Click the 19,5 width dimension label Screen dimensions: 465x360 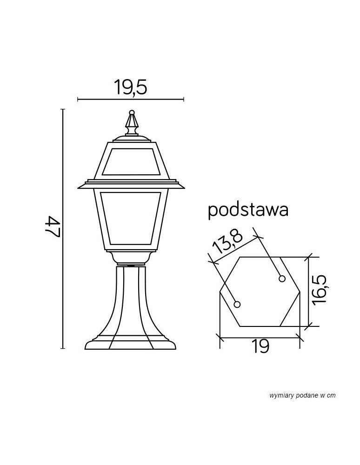tap(131, 87)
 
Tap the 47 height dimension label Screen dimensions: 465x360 tap(53, 228)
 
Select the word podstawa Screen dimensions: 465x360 tap(248, 210)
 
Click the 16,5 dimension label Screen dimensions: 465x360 tap(320, 289)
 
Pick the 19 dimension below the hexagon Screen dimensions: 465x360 tap(261, 346)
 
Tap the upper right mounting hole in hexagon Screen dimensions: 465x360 tap(281, 279)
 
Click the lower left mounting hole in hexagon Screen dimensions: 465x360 tap(237, 305)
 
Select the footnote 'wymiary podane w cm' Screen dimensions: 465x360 tap(302, 395)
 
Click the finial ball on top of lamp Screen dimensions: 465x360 tap(132, 112)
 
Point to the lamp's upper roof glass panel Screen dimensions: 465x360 tap(131, 163)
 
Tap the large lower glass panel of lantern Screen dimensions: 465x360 tap(131, 219)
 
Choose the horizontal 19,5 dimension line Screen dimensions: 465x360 tap(131, 99)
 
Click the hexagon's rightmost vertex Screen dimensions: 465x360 tap(300, 292)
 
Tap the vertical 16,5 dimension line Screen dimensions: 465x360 tap(309, 291)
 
